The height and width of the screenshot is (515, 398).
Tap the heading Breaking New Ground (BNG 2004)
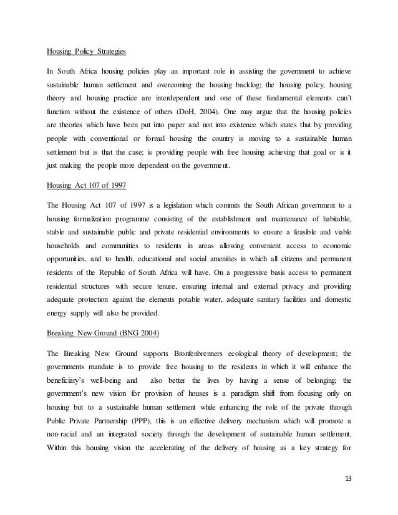tap(103, 332)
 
